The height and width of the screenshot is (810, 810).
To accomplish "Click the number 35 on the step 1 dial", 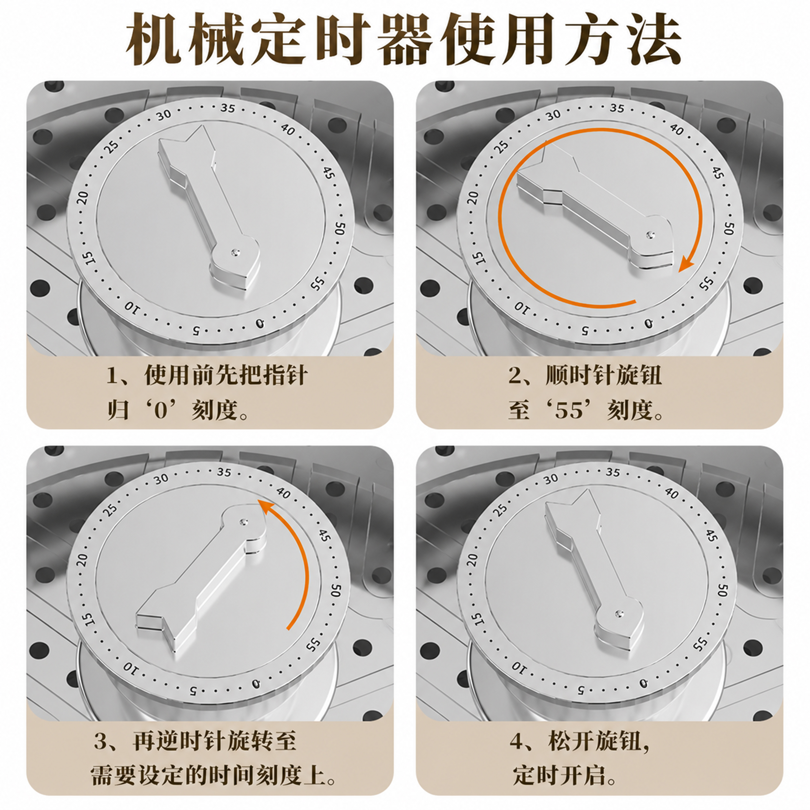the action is click(x=228, y=108).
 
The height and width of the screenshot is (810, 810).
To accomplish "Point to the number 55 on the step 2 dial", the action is click(x=707, y=284).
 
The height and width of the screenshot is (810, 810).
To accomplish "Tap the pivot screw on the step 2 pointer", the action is click(x=650, y=235).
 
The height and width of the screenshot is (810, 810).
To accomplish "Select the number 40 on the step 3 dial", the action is click(x=283, y=494).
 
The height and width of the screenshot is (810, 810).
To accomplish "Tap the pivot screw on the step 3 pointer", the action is click(x=244, y=522).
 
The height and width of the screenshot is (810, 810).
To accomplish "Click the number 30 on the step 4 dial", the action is click(x=551, y=479).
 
